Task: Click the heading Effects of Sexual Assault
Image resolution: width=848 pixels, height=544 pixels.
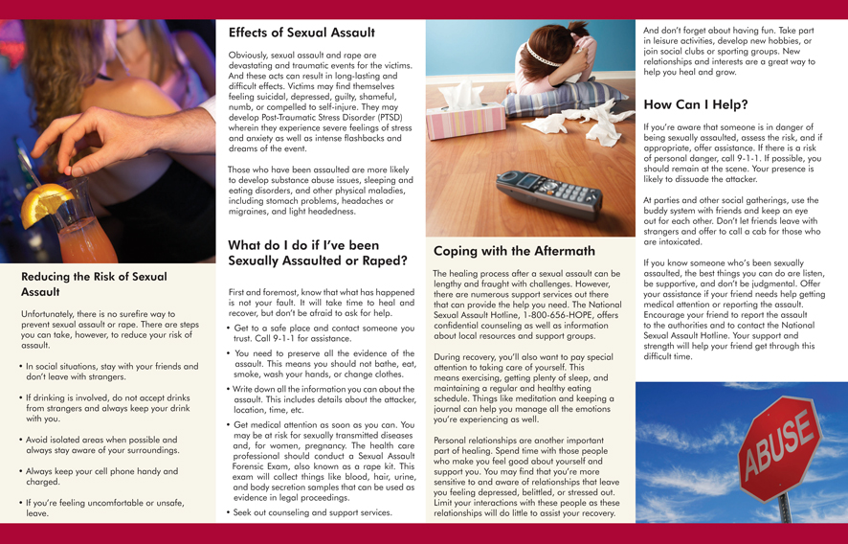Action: pos(301,33)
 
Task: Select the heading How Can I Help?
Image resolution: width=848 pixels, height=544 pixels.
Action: pos(696,104)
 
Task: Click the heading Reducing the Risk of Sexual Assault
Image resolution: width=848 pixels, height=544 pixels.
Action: pos(94,283)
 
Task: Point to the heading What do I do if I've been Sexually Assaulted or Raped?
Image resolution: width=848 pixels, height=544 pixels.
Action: pos(318,252)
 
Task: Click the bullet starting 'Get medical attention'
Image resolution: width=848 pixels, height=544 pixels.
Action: pos(324,460)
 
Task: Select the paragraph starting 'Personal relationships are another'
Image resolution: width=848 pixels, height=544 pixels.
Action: pos(527,476)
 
